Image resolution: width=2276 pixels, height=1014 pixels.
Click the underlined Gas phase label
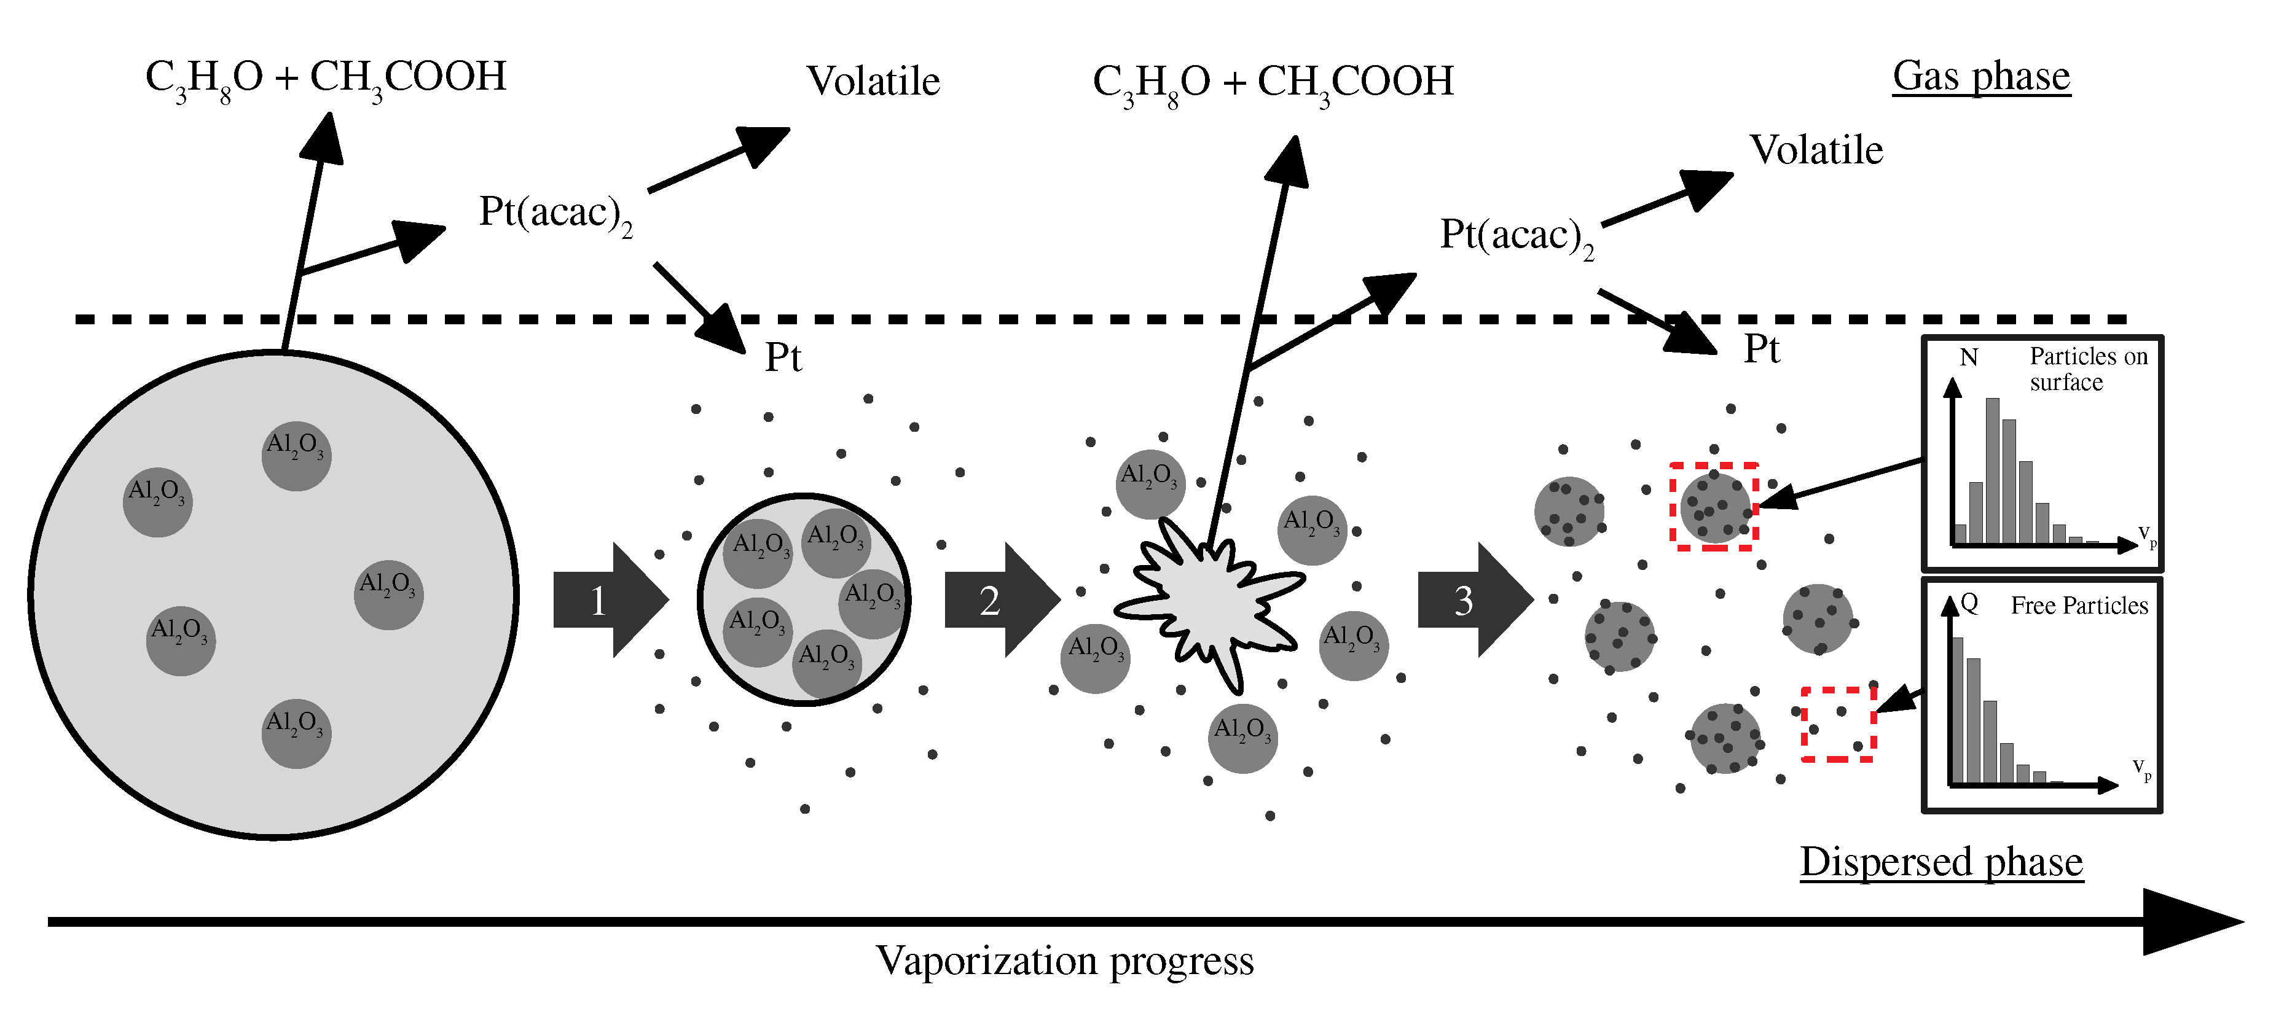click(1981, 76)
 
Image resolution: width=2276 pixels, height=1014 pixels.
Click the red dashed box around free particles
click(1838, 723)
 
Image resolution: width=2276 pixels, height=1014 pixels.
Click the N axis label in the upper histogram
click(1969, 357)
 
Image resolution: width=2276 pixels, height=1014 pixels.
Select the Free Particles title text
click(2079, 606)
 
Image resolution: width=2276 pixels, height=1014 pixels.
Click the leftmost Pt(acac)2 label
click(555, 214)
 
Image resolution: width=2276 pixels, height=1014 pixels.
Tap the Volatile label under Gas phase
click(1816, 150)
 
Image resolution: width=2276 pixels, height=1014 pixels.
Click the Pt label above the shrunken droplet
click(783, 357)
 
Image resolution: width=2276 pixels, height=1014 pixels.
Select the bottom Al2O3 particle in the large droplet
click(296, 733)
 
